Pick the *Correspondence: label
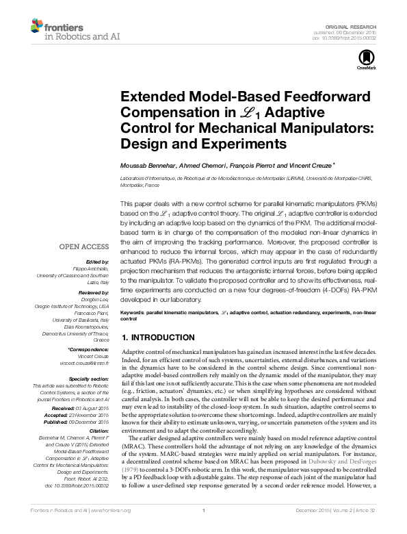[90, 350]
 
